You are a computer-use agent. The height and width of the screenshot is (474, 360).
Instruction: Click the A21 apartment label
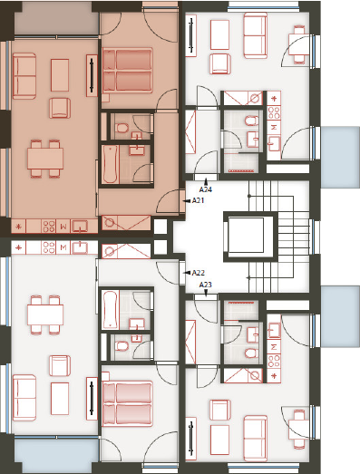point(199,200)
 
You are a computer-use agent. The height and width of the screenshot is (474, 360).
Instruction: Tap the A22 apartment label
point(199,273)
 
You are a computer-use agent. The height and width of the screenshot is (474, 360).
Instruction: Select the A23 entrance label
point(206,285)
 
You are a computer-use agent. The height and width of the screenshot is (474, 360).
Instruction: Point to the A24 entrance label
point(206,189)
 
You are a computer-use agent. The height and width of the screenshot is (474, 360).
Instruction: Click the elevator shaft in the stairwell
point(250,237)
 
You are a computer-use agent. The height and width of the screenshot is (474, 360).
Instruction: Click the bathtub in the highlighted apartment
point(110,164)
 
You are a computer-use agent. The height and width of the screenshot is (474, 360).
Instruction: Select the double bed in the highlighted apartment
point(127,70)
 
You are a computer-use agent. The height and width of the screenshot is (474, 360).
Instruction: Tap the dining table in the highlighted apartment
point(45,159)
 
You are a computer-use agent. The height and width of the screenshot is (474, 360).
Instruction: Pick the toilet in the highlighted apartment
point(122,128)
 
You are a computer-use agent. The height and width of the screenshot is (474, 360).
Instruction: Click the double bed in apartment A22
point(127,403)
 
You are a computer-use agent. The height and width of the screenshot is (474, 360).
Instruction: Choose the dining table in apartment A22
point(45,314)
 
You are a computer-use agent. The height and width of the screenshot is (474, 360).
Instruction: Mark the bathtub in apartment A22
point(110,310)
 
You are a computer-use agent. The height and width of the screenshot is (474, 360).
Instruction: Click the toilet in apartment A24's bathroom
point(250,121)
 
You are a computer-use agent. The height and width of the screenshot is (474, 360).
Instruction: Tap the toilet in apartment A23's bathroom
point(250,353)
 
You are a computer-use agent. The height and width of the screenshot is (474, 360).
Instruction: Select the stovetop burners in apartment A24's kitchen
point(274,112)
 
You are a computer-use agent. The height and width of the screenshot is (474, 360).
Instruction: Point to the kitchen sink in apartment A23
point(274,331)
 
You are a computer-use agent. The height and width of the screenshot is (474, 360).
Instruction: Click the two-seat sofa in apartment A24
point(256,35)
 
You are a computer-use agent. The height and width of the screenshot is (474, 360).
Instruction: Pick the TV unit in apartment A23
point(190,439)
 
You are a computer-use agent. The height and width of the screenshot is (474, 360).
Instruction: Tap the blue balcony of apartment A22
point(56,450)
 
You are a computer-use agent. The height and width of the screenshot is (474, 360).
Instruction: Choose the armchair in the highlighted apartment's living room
point(60,108)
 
